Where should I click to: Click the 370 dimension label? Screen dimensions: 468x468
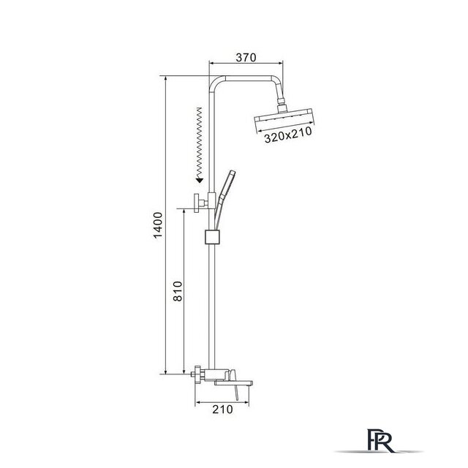click(x=246, y=57)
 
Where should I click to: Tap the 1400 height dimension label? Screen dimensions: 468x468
click(x=158, y=224)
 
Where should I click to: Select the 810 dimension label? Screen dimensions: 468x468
click(x=178, y=291)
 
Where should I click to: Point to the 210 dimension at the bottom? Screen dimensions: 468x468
click(x=222, y=409)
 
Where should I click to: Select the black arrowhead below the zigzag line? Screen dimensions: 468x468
click(x=200, y=180)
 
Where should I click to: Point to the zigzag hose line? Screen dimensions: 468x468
click(x=199, y=143)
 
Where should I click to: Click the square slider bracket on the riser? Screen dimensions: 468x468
click(x=212, y=237)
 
